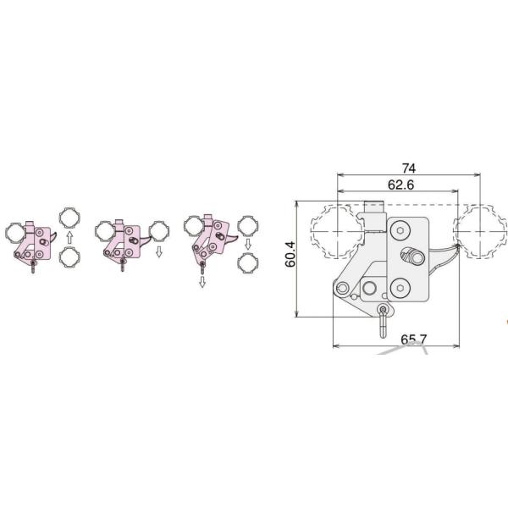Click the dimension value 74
[409, 168]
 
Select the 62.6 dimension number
[400, 185]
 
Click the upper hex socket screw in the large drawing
[400, 231]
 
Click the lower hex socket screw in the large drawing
[400, 288]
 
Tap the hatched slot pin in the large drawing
[411, 257]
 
